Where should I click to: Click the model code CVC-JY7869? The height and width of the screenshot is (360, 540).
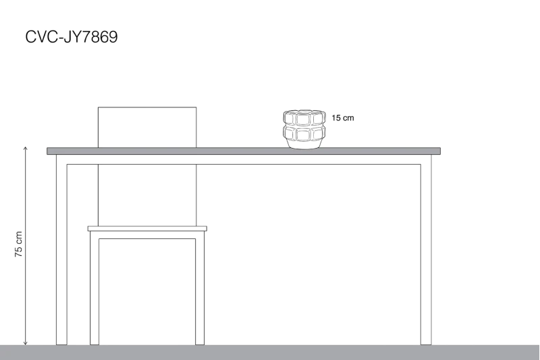coord(72,37)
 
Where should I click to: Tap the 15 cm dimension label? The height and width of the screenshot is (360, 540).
coord(343,118)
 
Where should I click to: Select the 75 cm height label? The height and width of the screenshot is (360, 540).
coord(18,244)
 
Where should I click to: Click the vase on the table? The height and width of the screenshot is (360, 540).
coord(304,130)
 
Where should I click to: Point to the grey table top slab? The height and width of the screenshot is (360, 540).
coord(244,151)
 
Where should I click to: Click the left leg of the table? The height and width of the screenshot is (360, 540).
coord(61,249)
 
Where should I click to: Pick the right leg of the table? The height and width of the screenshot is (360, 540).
coord(426,249)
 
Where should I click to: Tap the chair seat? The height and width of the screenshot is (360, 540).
coord(147,228)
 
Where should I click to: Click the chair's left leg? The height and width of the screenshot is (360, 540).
coord(94,288)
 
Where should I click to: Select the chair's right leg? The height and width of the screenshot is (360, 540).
coord(200,288)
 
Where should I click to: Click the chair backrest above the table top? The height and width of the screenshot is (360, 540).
coord(147,128)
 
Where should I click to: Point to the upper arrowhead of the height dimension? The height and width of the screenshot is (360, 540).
coord(25,148)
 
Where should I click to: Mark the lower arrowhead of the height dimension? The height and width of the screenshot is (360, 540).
coord(25,343)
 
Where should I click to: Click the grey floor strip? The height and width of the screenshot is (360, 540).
coord(270,353)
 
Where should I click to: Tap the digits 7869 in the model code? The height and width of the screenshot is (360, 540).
coord(100,37)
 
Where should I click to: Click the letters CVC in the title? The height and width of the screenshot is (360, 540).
coord(41,37)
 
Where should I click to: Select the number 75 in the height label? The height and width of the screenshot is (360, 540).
coord(18,252)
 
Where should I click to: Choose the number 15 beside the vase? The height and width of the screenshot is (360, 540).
coord(336,118)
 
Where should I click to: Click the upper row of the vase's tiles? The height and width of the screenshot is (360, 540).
coord(304,118)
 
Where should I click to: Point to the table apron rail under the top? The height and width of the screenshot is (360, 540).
coord(244,159)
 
